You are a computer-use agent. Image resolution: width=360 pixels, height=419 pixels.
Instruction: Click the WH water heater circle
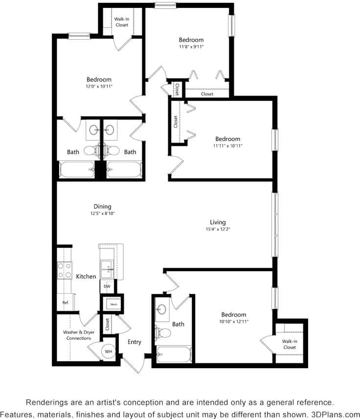tap(109, 351)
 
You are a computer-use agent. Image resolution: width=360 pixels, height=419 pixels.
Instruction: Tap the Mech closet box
tap(113, 304)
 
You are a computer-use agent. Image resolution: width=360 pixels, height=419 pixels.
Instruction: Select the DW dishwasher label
tap(107, 286)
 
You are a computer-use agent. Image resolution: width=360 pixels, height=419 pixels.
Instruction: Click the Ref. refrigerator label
tap(65, 303)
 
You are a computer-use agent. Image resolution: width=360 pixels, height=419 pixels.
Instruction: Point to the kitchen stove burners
tap(65, 271)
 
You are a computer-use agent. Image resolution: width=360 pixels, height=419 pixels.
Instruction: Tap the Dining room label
tap(103, 207)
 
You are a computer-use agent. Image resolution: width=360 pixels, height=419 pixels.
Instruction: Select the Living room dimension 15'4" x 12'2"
tap(218, 229)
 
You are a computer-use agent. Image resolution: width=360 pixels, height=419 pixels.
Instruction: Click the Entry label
tap(135, 342)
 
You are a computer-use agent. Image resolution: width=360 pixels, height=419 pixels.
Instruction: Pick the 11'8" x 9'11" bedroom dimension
tap(191, 47)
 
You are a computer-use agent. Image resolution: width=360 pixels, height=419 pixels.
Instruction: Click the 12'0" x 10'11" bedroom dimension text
tap(99, 87)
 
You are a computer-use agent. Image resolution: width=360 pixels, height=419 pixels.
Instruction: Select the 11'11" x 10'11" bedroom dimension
tap(228, 145)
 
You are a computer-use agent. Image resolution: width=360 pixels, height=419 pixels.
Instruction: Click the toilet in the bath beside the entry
tap(165, 334)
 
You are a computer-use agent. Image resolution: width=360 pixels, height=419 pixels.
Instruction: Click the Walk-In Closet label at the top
tap(122, 22)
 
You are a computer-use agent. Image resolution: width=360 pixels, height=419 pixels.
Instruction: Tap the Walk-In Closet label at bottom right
tap(290, 344)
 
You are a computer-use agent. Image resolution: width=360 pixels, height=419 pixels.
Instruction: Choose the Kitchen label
tap(86, 277)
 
